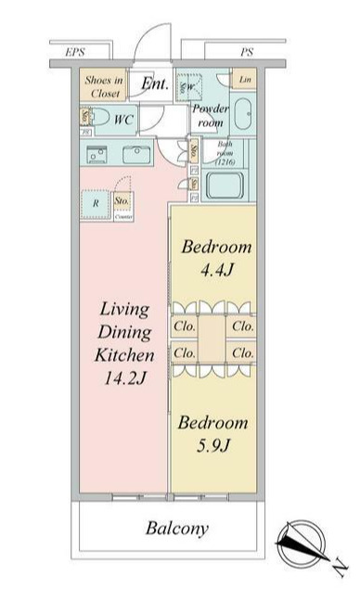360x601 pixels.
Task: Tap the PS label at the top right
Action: [246, 53]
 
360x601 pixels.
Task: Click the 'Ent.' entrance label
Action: [154, 84]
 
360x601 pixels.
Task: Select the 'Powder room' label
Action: [208, 116]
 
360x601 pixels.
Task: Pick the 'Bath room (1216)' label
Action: [228, 152]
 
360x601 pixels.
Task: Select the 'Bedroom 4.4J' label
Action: [215, 257]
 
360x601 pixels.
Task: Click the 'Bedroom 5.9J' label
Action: [213, 433]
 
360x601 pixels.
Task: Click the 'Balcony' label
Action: [176, 529]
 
